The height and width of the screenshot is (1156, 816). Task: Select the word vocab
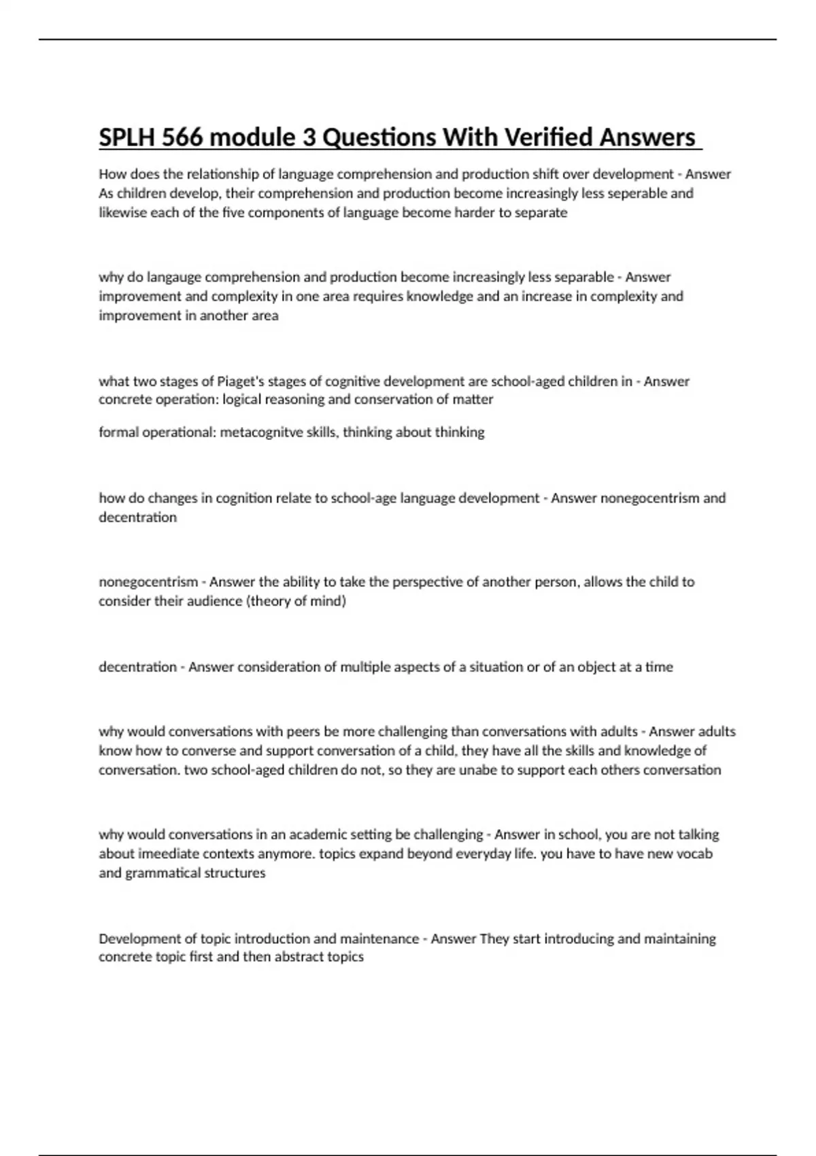(x=694, y=853)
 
